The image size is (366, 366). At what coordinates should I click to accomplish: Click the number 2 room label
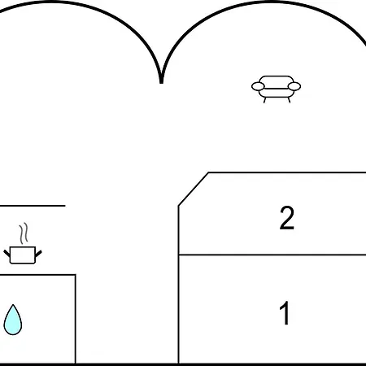[287, 218]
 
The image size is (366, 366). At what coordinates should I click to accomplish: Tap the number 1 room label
[285, 312]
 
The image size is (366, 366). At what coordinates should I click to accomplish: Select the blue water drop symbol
[13, 320]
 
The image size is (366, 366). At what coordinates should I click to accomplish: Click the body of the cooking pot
[23, 255]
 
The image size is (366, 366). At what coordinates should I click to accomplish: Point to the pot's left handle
[7, 254]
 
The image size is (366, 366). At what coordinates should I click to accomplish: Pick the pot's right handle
[38, 254]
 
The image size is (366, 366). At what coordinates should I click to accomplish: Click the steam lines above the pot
[24, 233]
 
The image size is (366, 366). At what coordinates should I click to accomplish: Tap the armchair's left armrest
[258, 86]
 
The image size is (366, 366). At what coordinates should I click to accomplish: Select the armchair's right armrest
[294, 86]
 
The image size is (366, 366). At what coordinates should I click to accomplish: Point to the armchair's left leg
[265, 100]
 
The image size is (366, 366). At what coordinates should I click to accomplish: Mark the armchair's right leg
[289, 100]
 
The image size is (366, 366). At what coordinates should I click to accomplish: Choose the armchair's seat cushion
[276, 93]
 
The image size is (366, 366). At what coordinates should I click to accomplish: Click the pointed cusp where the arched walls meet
[161, 82]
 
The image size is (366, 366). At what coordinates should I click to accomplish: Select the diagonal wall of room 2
[194, 189]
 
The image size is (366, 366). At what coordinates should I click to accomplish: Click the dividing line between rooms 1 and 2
[272, 255]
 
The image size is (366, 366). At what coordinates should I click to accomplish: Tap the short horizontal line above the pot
[33, 206]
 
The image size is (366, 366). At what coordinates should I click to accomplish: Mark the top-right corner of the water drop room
[76, 275]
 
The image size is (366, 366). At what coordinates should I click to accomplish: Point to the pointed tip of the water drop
[13, 305]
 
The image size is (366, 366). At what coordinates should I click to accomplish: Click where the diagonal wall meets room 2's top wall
[208, 172]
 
